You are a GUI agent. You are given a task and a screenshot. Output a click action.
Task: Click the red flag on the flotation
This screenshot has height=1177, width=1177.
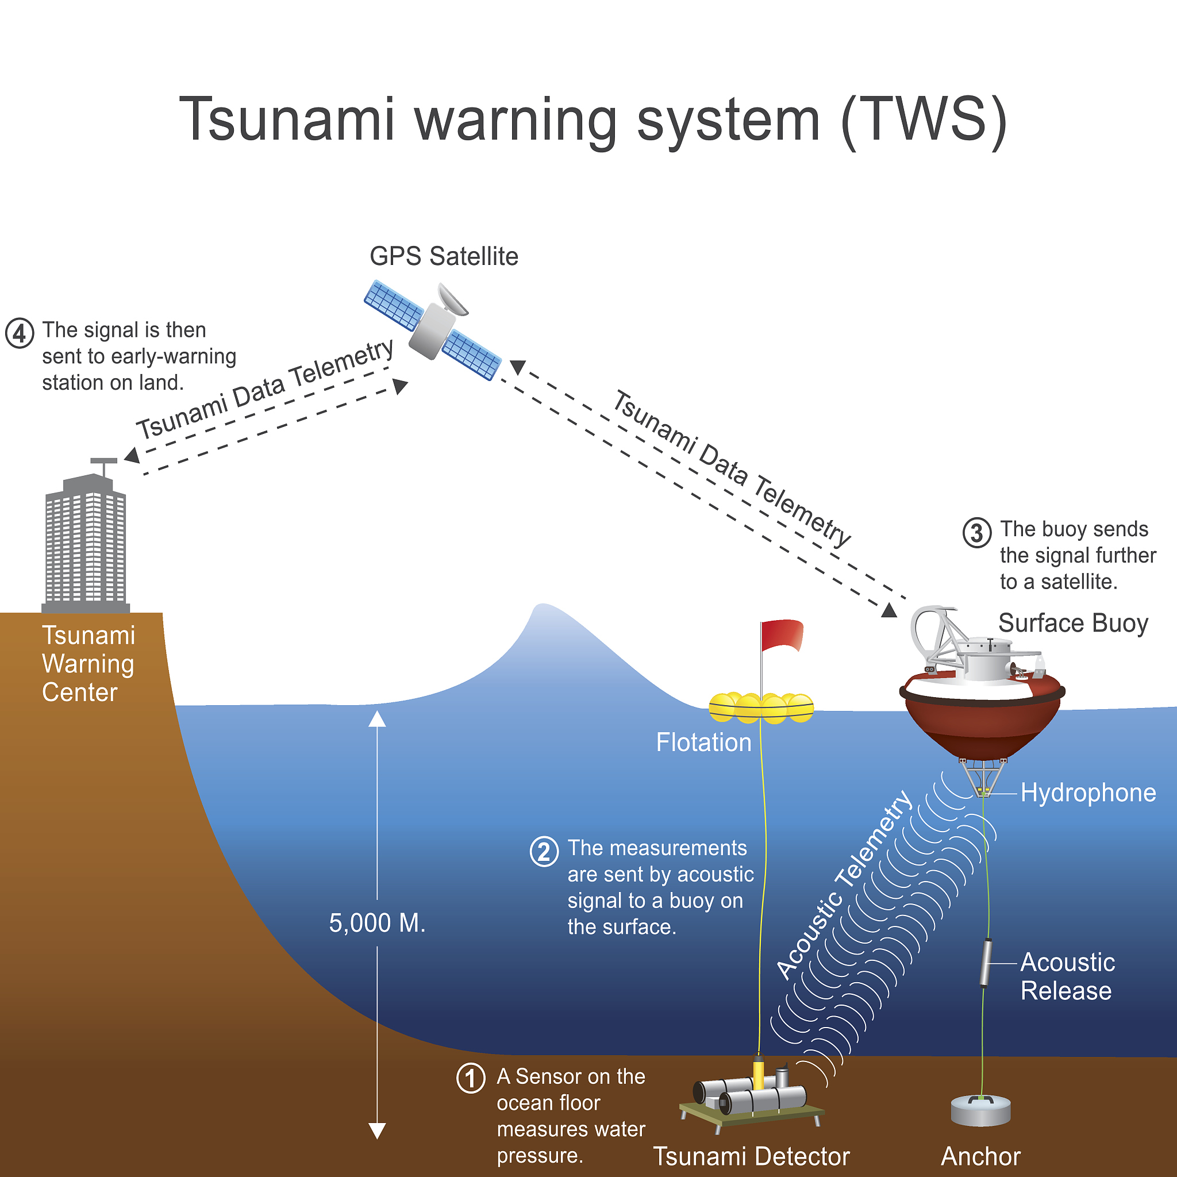tap(782, 636)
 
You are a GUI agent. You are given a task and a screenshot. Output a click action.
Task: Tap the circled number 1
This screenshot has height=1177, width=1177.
tap(470, 1079)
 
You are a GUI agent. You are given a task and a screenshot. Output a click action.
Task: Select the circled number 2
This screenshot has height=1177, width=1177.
tap(544, 851)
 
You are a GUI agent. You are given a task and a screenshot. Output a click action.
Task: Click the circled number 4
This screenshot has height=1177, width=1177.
tap(20, 333)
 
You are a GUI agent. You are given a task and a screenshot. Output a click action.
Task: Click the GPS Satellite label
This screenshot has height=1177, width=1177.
tap(444, 256)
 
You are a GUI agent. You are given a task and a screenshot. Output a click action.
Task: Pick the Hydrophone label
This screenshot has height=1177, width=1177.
tap(1088, 793)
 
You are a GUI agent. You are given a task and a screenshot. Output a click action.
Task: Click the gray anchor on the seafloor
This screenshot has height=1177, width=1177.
tap(981, 1110)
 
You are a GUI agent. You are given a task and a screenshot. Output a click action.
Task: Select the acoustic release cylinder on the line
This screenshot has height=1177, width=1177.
tap(985, 962)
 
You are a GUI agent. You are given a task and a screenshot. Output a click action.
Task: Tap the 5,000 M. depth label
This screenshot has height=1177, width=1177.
tap(377, 923)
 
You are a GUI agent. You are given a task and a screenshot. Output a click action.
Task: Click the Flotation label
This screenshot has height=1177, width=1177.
tap(703, 743)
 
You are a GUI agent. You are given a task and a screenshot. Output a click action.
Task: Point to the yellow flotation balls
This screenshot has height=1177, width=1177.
tap(761, 708)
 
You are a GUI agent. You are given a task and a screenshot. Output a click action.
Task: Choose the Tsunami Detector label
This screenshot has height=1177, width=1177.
tap(751, 1156)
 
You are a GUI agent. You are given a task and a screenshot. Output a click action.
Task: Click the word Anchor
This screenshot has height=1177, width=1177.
tap(981, 1156)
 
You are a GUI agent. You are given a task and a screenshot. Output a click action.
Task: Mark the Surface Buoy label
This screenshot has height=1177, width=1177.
tap(1074, 623)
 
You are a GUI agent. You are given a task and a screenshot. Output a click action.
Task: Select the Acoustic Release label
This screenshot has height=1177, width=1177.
tap(1067, 976)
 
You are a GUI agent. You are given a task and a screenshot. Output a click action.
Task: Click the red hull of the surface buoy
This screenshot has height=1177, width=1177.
tap(982, 728)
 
